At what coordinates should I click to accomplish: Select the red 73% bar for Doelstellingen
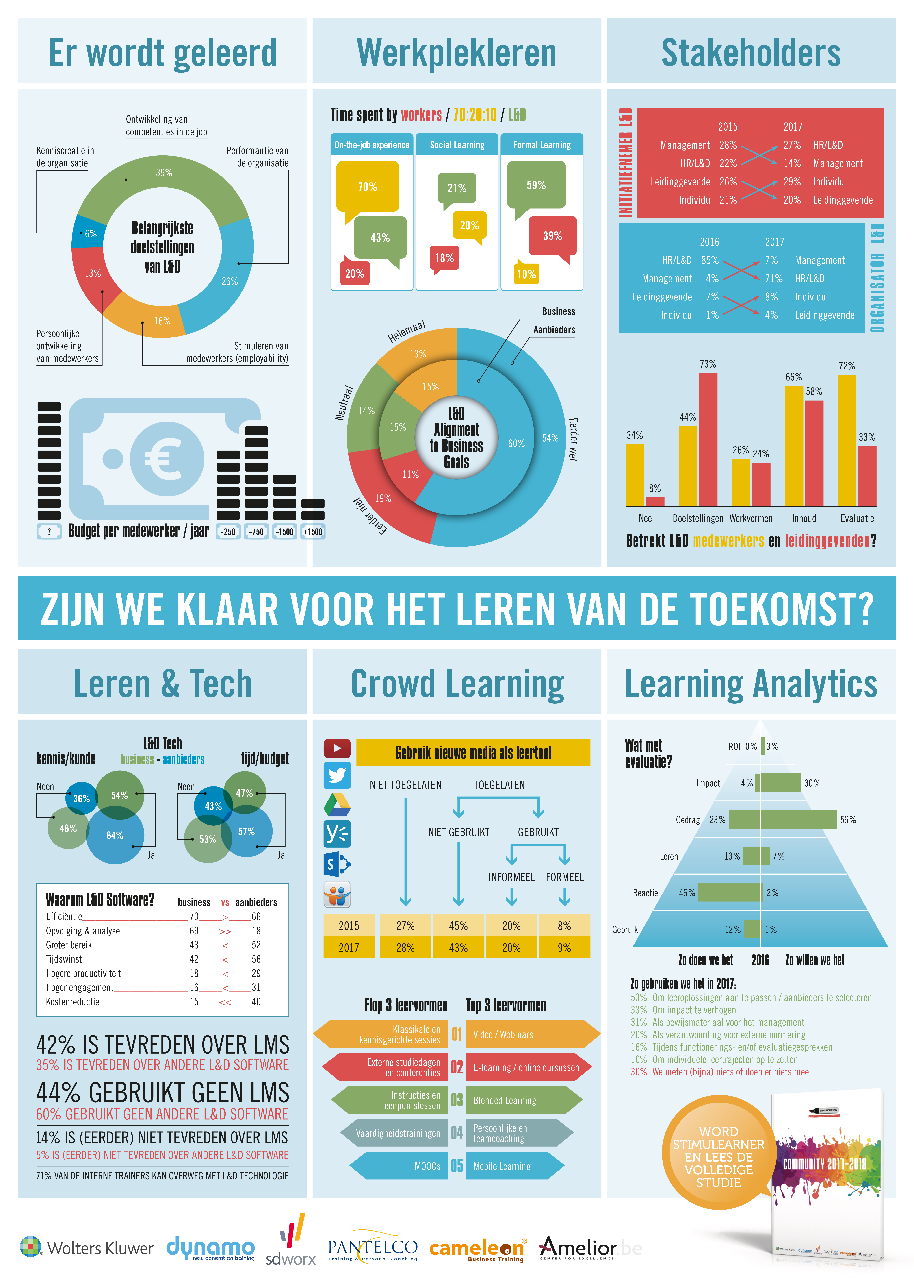coord(708,439)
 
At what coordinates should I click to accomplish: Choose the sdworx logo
coord(291,1241)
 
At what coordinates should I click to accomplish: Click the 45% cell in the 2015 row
coord(458,925)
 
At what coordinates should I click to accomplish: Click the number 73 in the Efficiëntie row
coord(194,916)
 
